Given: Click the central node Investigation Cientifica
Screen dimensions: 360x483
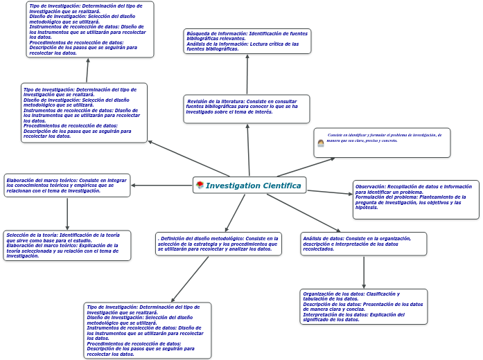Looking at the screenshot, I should [x=249, y=186].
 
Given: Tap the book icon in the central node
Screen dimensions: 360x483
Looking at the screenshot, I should [x=200, y=186].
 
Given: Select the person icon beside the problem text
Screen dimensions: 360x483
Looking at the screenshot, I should [x=321, y=143].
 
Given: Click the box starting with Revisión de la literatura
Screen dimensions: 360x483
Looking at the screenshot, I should [x=247, y=109].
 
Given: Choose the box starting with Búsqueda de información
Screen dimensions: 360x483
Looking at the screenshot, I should [x=247, y=41].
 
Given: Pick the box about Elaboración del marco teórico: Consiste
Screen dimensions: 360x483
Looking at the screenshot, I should [x=67, y=186].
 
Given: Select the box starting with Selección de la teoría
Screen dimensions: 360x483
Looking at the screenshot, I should [x=67, y=246].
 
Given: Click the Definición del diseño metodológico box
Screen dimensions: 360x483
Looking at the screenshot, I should [x=218, y=244].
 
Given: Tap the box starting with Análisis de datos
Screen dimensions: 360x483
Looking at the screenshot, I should [x=363, y=244].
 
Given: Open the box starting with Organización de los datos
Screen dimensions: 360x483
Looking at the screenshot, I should [x=363, y=307].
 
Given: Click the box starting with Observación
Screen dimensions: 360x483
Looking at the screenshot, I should [x=416, y=199].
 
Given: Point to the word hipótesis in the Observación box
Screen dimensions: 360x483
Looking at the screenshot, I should [x=367, y=208].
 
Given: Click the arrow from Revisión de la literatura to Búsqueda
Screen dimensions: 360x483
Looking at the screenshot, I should [x=247, y=74].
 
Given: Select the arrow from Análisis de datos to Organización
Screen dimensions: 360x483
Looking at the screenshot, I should [x=364, y=272].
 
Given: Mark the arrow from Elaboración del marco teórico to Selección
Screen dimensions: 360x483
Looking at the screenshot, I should [x=67, y=214].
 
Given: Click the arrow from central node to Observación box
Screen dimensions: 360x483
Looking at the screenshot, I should [x=330, y=191].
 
